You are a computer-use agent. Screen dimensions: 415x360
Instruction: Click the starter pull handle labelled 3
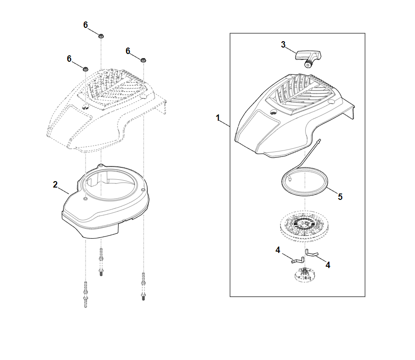(308, 58)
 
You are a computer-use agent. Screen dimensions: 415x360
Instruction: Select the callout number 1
(218, 118)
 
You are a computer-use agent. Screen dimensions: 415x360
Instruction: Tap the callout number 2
(55, 184)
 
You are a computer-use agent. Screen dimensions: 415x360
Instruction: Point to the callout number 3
(283, 44)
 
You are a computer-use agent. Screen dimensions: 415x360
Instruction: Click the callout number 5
(340, 197)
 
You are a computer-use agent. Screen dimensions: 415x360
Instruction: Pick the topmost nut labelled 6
(101, 36)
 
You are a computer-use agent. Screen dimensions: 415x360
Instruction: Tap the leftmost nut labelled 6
(85, 70)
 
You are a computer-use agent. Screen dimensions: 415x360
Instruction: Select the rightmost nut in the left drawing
(143, 60)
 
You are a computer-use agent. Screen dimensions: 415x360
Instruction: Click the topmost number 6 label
(86, 25)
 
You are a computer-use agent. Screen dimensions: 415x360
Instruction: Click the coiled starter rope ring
(327, 183)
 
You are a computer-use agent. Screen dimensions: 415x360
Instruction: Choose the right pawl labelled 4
(312, 253)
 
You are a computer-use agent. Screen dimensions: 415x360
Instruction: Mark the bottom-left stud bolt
(85, 295)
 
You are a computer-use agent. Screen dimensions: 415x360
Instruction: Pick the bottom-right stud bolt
(143, 286)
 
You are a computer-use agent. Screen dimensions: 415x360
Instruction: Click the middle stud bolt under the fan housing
(101, 262)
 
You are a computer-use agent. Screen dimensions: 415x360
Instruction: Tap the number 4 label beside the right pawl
(328, 265)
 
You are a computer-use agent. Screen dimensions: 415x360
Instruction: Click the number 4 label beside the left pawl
(278, 250)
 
